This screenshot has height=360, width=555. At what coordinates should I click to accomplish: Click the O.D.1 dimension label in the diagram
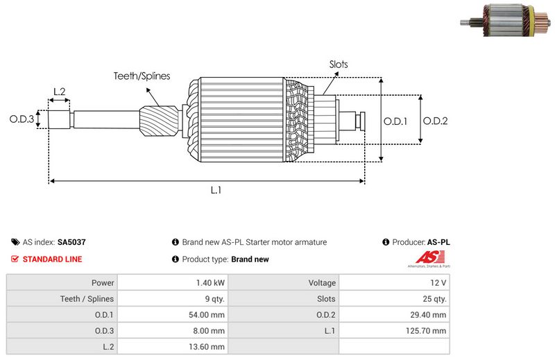click(x=395, y=121)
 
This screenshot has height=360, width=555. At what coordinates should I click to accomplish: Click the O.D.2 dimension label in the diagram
click(x=435, y=121)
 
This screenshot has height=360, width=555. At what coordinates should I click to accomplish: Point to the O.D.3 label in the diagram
click(x=22, y=119)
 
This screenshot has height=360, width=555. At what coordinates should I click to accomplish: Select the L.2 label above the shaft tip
click(x=59, y=92)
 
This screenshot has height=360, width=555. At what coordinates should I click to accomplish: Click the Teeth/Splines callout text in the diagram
click(x=142, y=76)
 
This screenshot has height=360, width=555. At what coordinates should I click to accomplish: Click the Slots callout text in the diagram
click(x=339, y=65)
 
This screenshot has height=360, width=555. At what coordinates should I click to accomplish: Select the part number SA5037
click(x=71, y=243)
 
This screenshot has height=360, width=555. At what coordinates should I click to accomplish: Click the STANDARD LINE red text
click(x=52, y=259)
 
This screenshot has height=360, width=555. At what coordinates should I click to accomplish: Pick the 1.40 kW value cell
click(x=210, y=283)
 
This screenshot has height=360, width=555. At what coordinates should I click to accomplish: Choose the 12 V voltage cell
click(x=438, y=283)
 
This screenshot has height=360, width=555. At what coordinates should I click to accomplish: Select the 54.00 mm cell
click(x=207, y=315)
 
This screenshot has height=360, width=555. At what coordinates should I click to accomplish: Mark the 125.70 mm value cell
click(x=428, y=331)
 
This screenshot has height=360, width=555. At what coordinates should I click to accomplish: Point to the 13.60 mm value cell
click(x=207, y=347)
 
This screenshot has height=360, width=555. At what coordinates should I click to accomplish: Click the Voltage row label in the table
click(x=322, y=283)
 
